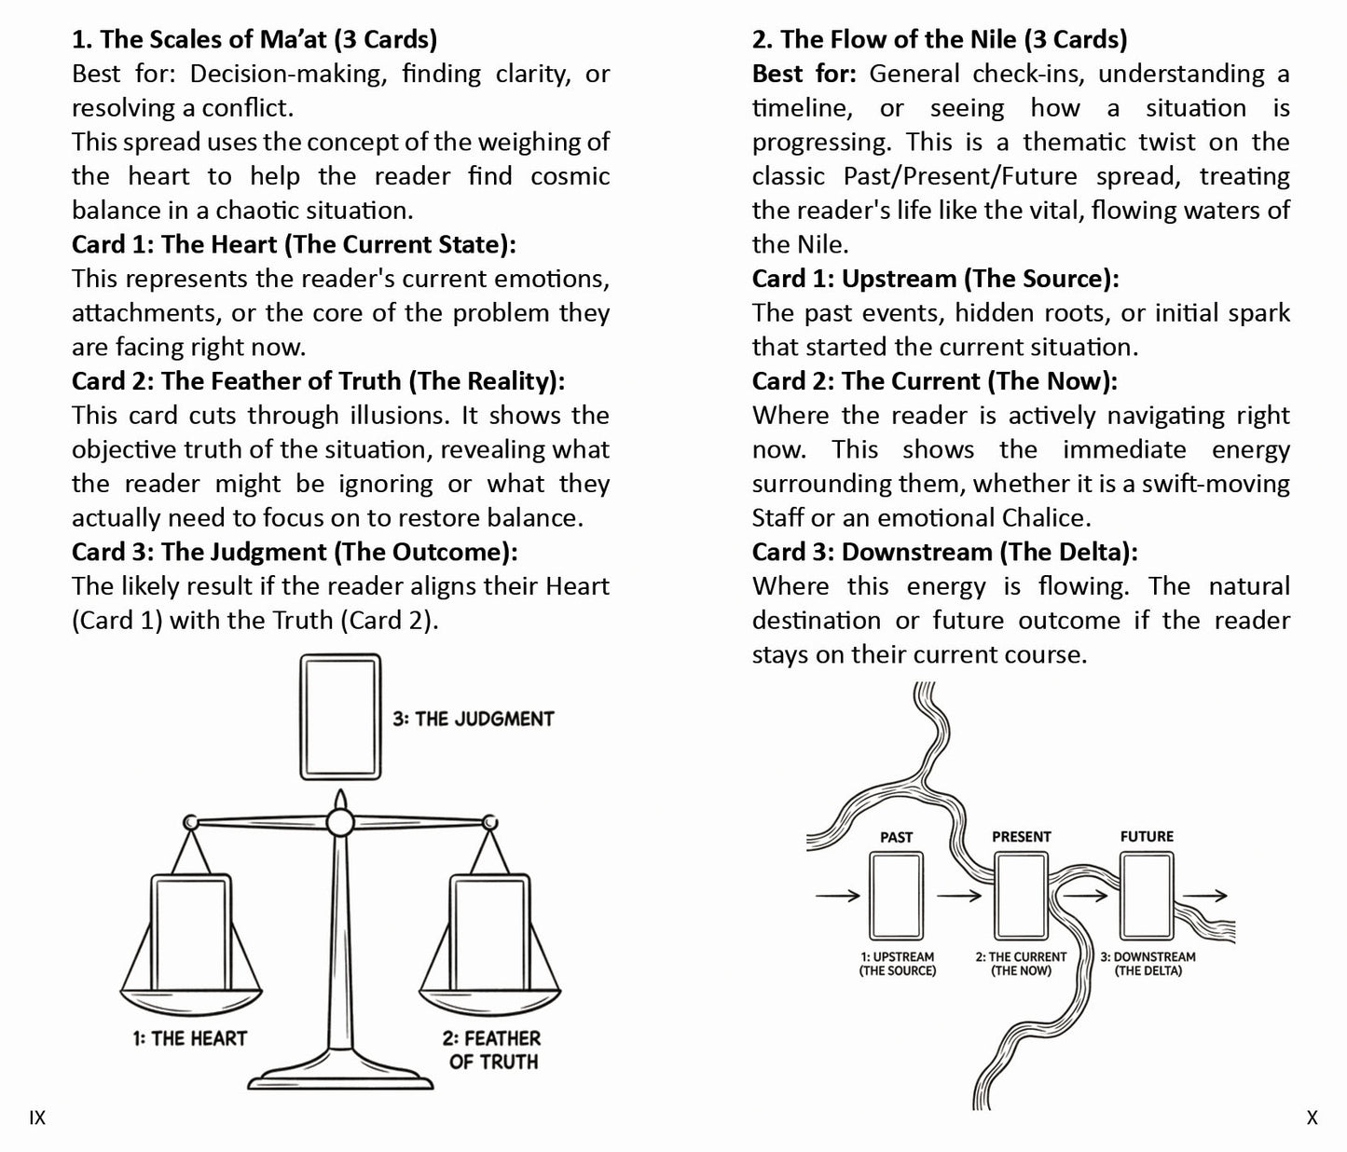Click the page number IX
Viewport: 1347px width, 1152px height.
(x=37, y=1118)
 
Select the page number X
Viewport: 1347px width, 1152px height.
(x=1312, y=1118)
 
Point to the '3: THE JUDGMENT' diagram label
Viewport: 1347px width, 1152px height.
(x=474, y=719)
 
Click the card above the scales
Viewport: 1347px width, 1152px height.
(x=340, y=717)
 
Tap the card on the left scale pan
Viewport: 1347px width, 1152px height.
(x=191, y=933)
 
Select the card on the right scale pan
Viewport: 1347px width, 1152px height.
(x=489, y=933)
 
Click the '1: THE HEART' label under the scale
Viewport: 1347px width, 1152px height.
(x=189, y=1038)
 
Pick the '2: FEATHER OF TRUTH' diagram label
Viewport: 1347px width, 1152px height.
(x=492, y=1049)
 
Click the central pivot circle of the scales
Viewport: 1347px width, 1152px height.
(x=340, y=822)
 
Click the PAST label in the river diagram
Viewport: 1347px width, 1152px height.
(x=896, y=837)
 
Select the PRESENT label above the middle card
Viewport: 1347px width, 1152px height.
(x=1021, y=837)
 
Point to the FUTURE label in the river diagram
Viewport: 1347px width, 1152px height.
(x=1147, y=836)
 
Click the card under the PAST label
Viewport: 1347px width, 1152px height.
(x=897, y=896)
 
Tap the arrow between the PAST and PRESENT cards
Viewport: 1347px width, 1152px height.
(x=959, y=896)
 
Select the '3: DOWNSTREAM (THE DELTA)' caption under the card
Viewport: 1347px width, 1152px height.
(x=1148, y=964)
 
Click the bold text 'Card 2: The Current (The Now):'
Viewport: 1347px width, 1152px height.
(x=934, y=381)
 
